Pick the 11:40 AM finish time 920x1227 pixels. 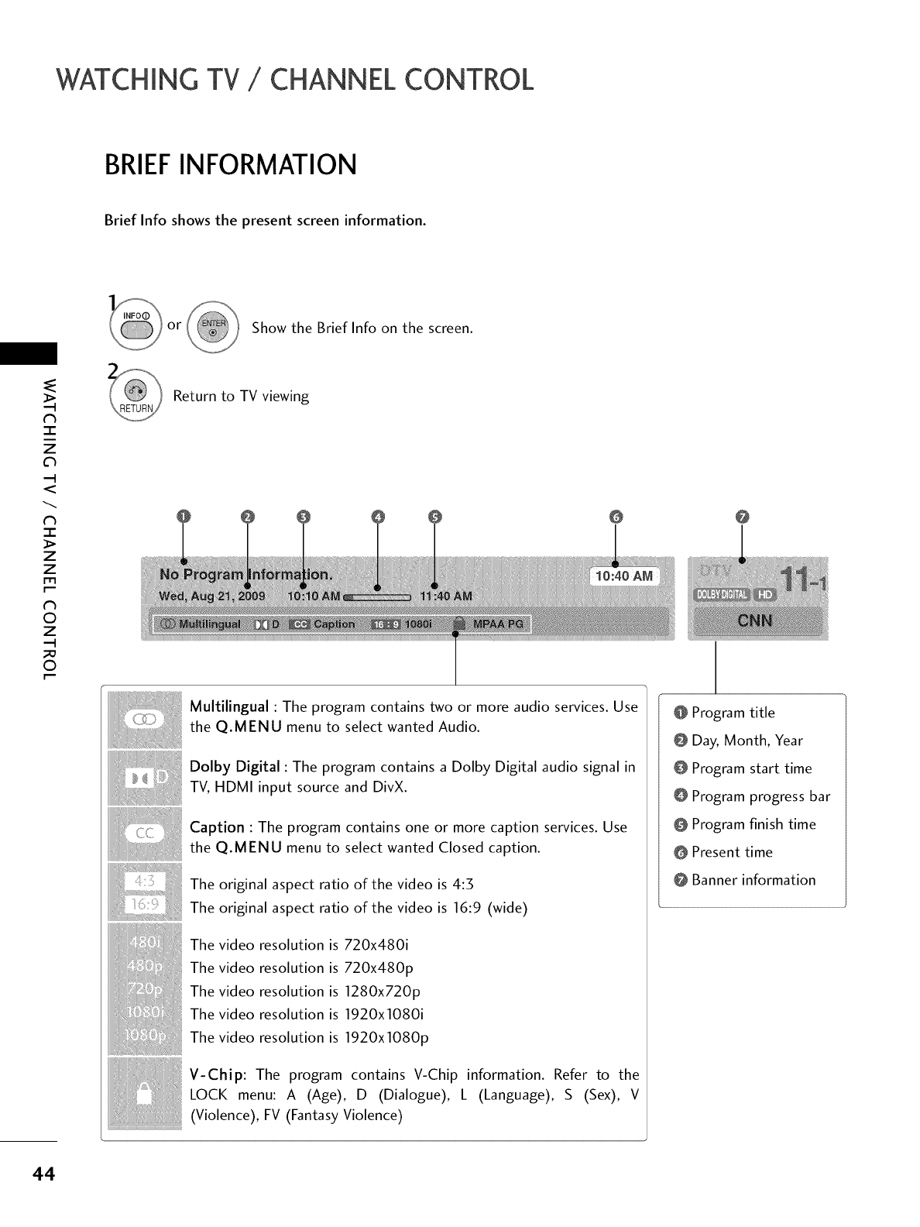pyautogui.click(x=445, y=596)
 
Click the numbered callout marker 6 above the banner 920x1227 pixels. pyautogui.click(x=616, y=517)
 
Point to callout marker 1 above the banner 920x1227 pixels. pyautogui.click(x=183, y=517)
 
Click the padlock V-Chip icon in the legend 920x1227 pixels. pyautogui.click(x=142, y=1096)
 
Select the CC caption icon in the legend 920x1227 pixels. pyautogui.click(x=143, y=833)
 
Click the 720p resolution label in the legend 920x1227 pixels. pyautogui.click(x=143, y=991)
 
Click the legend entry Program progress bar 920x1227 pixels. pyautogui.click(x=760, y=796)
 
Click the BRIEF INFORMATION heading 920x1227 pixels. pyautogui.click(x=231, y=165)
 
